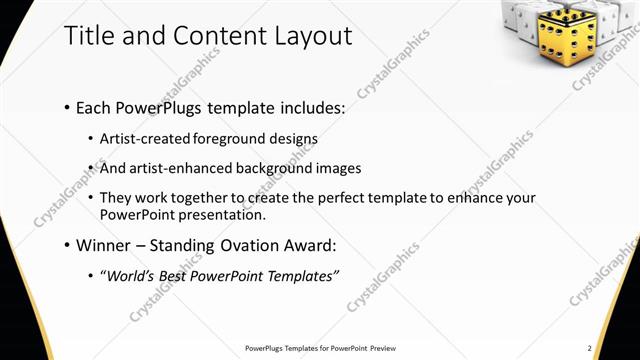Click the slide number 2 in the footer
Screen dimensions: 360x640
590,348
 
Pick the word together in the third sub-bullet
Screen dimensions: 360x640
210,198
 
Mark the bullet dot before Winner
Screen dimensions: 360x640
66,245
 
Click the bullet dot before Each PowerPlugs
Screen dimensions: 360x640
66,106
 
